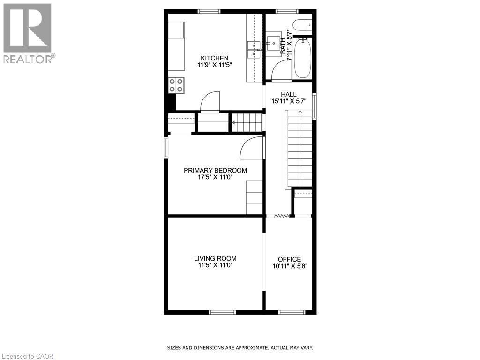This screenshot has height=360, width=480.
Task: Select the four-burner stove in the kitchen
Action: [x=176, y=85]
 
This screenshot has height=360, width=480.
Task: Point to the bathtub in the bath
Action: [x=302, y=59]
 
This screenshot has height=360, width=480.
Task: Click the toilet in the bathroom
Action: [x=300, y=23]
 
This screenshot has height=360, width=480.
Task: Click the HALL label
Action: [x=288, y=94]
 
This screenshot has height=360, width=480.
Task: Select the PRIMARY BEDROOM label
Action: [x=215, y=170]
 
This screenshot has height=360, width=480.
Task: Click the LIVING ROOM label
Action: [x=215, y=258]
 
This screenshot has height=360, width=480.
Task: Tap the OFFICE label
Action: [x=289, y=259]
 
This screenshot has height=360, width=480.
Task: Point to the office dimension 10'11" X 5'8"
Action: [x=289, y=266]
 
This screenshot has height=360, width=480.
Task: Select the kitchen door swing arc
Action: [x=210, y=101]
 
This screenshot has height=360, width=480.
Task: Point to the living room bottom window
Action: [x=222, y=312]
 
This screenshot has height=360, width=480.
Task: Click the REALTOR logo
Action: [x=28, y=33]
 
